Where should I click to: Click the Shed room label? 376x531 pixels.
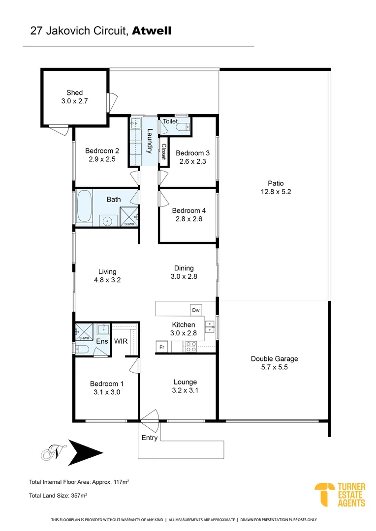74,92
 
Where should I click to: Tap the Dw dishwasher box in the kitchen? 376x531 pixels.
195,310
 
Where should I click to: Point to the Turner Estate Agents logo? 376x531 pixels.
340,495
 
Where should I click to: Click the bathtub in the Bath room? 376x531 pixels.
84,207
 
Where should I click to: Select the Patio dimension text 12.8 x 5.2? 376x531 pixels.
277,192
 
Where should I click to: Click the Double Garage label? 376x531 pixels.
274,359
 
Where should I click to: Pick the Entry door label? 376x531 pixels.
150,438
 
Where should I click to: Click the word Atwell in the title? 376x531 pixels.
152,31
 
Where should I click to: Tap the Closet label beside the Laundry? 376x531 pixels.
163,151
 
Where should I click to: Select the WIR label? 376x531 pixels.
121,341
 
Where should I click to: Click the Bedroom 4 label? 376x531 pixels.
185,210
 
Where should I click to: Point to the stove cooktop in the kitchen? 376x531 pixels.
190,347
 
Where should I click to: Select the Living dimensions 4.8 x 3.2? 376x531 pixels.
107,280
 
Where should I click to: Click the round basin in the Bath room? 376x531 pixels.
106,221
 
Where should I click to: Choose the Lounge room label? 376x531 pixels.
185,382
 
